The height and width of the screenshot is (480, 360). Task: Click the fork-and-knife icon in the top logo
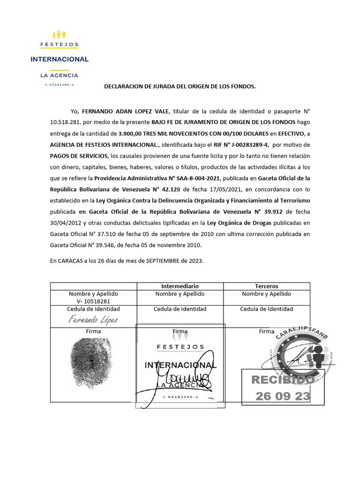click(x=60, y=35)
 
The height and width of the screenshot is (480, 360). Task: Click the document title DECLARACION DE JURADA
click(x=180, y=87)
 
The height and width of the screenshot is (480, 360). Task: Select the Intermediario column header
click(x=180, y=286)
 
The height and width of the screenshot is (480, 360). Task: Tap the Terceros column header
click(x=266, y=286)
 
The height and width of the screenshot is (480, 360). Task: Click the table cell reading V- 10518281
click(x=93, y=301)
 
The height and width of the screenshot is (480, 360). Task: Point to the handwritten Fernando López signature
click(x=93, y=320)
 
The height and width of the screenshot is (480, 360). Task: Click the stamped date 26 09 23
click(x=283, y=397)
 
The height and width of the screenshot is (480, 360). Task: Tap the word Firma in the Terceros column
click(x=266, y=331)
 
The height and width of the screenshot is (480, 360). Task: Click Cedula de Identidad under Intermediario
click(x=180, y=309)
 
